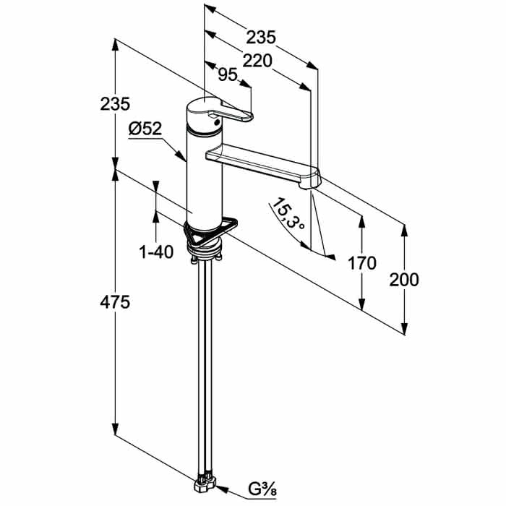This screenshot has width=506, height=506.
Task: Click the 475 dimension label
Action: tap(115, 302)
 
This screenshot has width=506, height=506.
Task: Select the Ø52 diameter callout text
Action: tap(145, 129)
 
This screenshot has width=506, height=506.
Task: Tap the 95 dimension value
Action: tap(228, 74)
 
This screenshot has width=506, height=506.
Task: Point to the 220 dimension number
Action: tap(257, 60)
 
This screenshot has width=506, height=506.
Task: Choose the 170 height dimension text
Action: tap(361, 263)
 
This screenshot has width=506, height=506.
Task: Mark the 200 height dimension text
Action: tap(403, 280)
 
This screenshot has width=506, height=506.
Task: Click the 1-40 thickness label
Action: tap(156, 252)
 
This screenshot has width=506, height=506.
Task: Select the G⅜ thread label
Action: tap(262, 489)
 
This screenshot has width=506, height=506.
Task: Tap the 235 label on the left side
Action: tap(115, 104)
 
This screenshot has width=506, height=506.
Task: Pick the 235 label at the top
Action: tap(261, 37)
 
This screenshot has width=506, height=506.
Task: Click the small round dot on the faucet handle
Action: tap(217, 121)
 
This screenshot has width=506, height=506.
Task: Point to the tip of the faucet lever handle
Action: tap(250, 116)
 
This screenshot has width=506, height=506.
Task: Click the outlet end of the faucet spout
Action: tap(309, 186)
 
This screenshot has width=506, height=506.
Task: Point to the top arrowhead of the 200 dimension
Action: tap(404, 231)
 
